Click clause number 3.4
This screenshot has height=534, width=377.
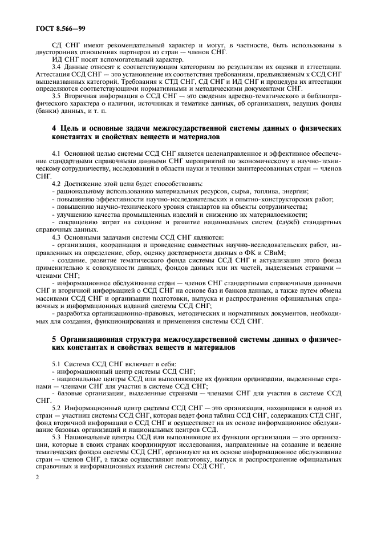57,67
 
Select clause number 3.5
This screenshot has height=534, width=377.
57,95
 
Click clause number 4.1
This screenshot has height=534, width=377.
57,153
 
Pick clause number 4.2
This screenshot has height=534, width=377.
57,183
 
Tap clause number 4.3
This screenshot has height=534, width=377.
57,236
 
